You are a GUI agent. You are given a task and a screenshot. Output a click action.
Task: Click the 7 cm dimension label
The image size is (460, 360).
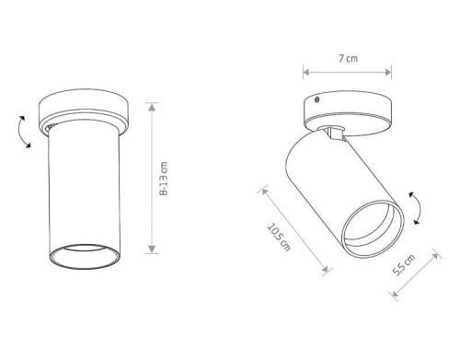348,58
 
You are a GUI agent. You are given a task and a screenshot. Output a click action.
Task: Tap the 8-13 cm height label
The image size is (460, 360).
164,179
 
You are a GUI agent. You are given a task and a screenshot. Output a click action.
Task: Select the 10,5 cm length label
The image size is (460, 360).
279,237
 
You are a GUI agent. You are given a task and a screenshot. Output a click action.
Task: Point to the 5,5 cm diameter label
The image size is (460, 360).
404,264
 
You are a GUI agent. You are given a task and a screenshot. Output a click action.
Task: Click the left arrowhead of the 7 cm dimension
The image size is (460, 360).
306,73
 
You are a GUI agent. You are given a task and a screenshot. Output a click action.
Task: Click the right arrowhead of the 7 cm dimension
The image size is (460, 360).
388,73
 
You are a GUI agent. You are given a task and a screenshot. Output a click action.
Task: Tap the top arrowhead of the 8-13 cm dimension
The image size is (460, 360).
152,107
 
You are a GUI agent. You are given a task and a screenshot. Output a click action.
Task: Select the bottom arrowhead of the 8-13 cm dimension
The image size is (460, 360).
152,249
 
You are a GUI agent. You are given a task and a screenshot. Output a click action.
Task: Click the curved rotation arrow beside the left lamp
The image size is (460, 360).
24,132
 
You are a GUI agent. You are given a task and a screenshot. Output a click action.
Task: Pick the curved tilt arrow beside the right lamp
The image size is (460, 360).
418,208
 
